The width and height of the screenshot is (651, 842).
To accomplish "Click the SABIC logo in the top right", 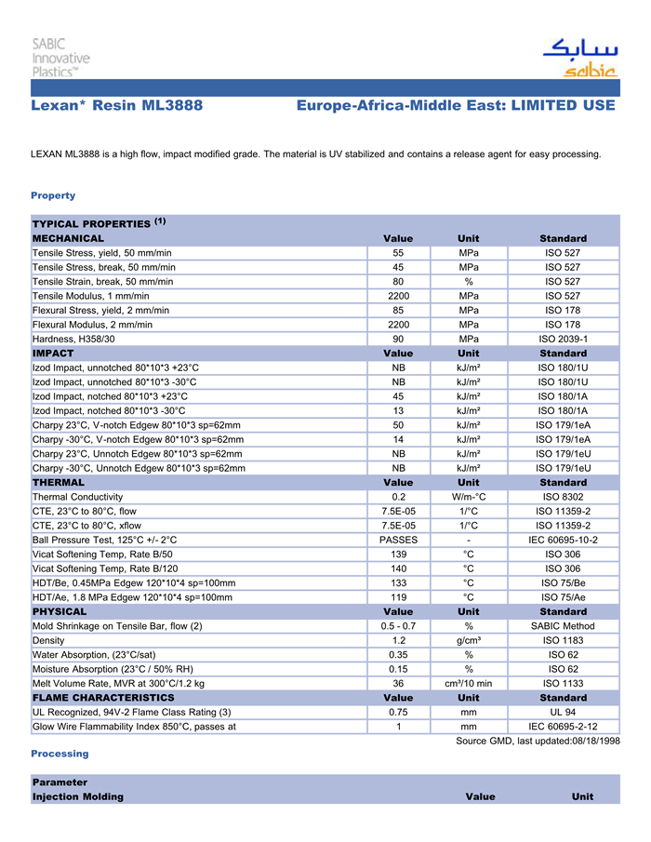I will [x=578, y=58].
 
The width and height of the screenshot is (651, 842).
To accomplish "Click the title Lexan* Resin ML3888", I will [x=116, y=106].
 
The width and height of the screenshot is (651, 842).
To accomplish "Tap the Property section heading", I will [x=53, y=195].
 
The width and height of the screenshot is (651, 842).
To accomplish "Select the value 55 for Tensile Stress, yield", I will [x=398, y=253].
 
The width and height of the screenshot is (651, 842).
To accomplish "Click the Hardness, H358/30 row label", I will [x=73, y=339].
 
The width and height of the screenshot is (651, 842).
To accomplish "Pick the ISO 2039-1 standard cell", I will [x=564, y=339].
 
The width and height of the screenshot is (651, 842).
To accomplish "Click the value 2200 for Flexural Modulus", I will [x=398, y=325].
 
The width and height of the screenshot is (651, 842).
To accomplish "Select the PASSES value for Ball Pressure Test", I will [x=398, y=540].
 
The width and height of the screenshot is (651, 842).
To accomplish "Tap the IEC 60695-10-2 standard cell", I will [x=564, y=540].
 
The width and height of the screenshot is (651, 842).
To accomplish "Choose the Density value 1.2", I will [x=398, y=640].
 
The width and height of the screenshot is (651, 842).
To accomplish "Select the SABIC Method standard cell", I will [x=564, y=626].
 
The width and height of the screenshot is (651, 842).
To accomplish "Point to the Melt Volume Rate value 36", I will [x=398, y=683].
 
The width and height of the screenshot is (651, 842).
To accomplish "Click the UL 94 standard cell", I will [x=564, y=712].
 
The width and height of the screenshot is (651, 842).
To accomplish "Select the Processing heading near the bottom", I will [x=60, y=754].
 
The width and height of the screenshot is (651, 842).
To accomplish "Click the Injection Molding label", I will [x=77, y=797].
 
